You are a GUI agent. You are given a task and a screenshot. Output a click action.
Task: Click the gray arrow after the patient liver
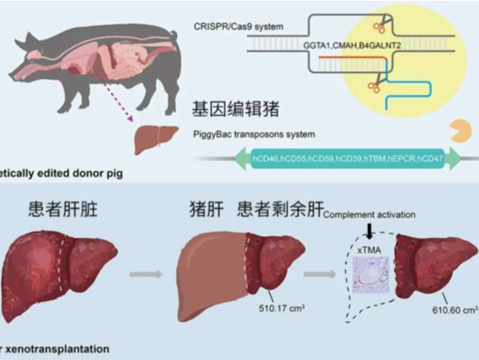point(145,274)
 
